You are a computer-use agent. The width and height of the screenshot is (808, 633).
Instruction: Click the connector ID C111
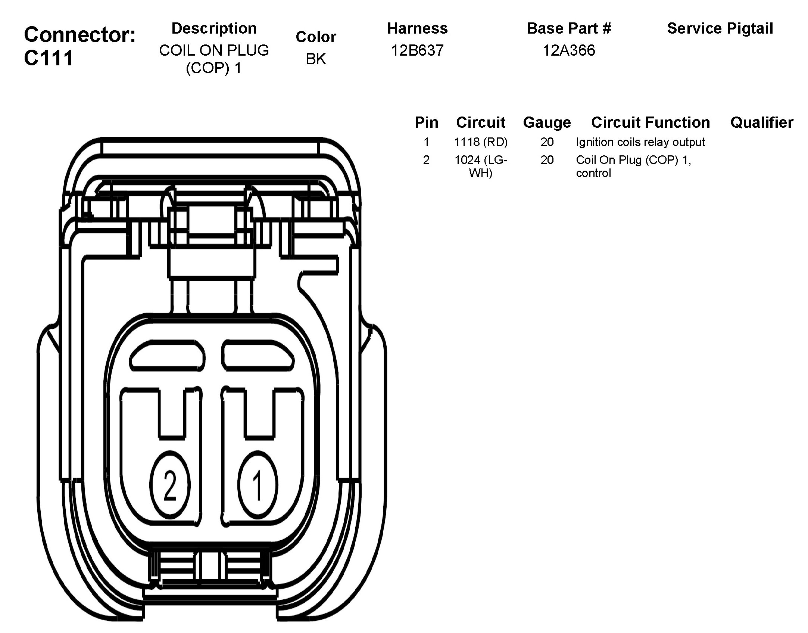click(49, 58)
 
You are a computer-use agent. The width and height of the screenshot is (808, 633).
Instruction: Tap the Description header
click(214, 28)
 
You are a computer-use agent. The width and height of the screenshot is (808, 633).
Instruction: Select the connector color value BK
click(316, 59)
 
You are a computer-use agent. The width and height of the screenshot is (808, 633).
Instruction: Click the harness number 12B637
click(417, 50)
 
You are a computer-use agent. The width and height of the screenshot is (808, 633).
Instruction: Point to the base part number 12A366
click(569, 50)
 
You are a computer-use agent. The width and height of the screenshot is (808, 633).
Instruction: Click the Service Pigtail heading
click(720, 28)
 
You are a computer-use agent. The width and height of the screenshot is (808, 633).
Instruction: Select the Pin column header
click(426, 122)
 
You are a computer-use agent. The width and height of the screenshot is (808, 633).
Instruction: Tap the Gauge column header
click(547, 122)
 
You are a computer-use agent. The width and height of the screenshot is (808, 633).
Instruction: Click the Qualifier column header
click(762, 122)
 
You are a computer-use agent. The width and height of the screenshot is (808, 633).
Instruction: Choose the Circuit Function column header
click(651, 122)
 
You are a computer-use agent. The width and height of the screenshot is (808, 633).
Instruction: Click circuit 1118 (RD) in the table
click(481, 142)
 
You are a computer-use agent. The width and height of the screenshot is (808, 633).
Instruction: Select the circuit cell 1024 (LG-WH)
click(481, 166)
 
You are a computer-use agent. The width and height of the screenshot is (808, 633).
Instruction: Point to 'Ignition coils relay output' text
click(640, 142)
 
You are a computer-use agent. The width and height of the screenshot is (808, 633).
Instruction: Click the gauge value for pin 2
click(547, 160)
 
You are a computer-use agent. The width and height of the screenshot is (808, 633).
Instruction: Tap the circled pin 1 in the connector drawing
click(258, 486)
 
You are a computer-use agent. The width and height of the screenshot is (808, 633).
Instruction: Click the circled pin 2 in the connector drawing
click(170, 486)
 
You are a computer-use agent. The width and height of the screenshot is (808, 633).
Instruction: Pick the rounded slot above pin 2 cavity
click(168, 355)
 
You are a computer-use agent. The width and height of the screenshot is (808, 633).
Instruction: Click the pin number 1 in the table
click(426, 142)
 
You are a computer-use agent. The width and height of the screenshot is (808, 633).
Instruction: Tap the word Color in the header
click(316, 37)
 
